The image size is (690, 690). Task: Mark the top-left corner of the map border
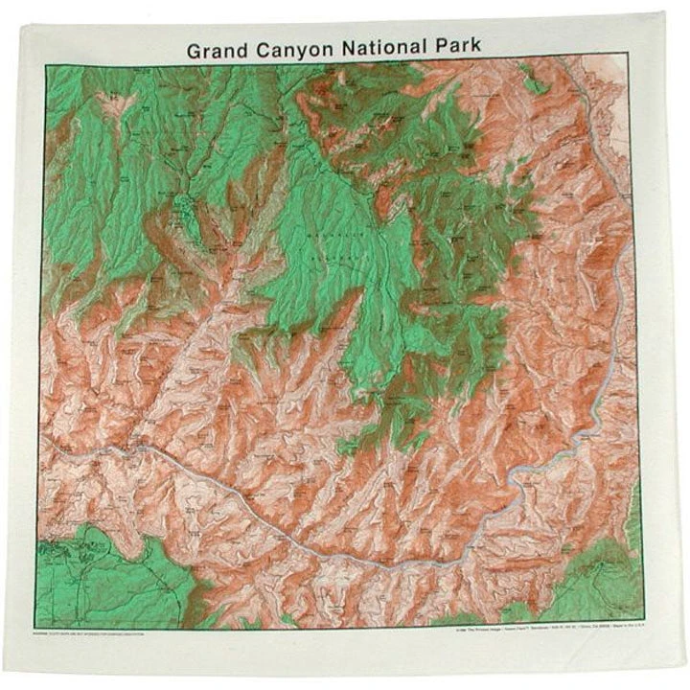point(45,65)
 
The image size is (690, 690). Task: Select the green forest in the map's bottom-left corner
point(105,575)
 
